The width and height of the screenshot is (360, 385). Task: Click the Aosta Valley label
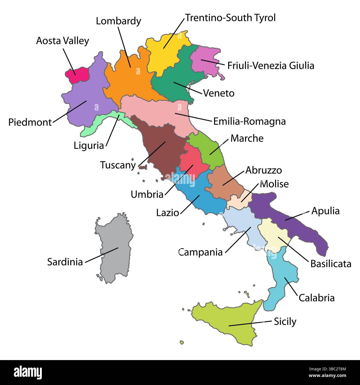(x=63, y=41)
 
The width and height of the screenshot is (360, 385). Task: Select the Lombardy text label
(x=119, y=21)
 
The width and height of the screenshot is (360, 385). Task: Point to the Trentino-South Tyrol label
(x=230, y=18)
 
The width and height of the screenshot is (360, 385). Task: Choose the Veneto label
(x=219, y=93)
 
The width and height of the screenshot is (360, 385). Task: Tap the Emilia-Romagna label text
(x=249, y=121)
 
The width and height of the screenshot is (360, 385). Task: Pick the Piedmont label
(x=30, y=122)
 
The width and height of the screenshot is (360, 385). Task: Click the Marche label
(x=247, y=138)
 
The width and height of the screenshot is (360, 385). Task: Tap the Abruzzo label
(x=264, y=170)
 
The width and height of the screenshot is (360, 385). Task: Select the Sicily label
(x=285, y=321)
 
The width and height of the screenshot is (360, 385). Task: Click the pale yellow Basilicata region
(x=273, y=234)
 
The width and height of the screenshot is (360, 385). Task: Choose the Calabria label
(x=317, y=298)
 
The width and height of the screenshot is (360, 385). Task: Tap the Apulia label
(x=325, y=211)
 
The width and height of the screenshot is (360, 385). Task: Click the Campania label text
(x=201, y=252)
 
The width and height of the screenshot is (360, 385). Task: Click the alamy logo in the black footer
(x=28, y=372)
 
